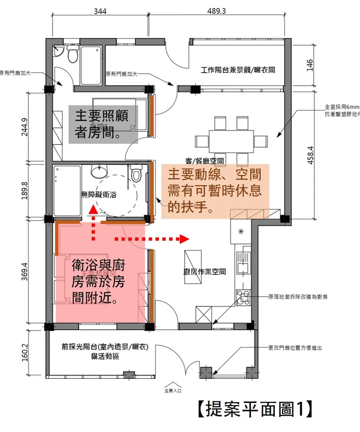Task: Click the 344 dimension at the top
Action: (100, 11)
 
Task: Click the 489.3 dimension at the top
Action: (216, 11)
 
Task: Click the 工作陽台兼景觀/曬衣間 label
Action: (238, 70)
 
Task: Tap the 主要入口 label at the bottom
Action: (173, 390)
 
